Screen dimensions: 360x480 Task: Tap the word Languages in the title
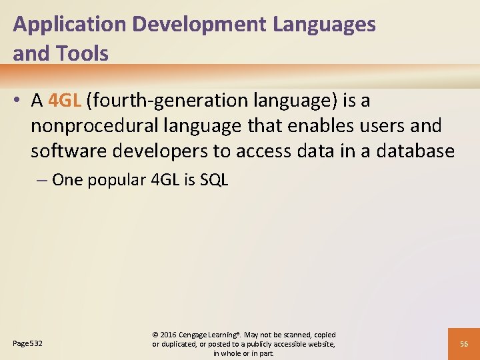click(325, 25)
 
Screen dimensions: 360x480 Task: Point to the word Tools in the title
click(84, 54)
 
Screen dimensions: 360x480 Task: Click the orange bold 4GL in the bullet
click(64, 101)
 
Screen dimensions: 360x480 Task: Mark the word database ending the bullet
click(416, 152)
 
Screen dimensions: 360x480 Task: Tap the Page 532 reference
click(27, 344)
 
